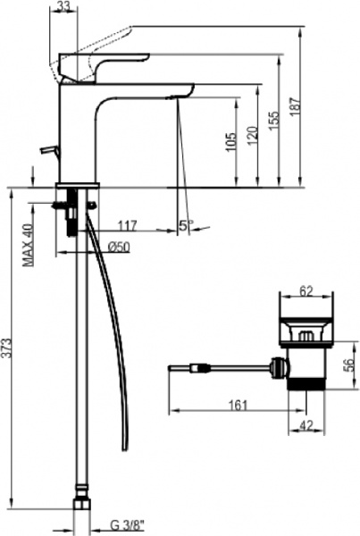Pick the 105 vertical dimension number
(x=231, y=143)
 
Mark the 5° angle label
(x=184, y=226)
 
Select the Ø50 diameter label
(x=119, y=247)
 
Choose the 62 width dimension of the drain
(x=306, y=290)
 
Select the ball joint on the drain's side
(x=280, y=365)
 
